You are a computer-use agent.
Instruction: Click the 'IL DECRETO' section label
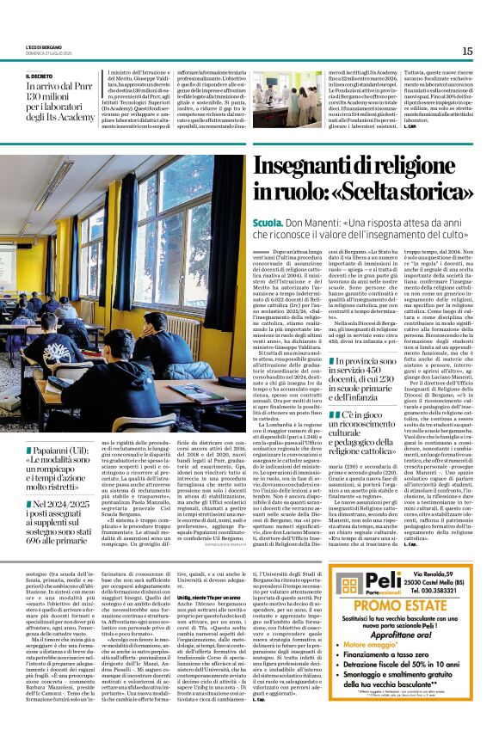click(x=40, y=76)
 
